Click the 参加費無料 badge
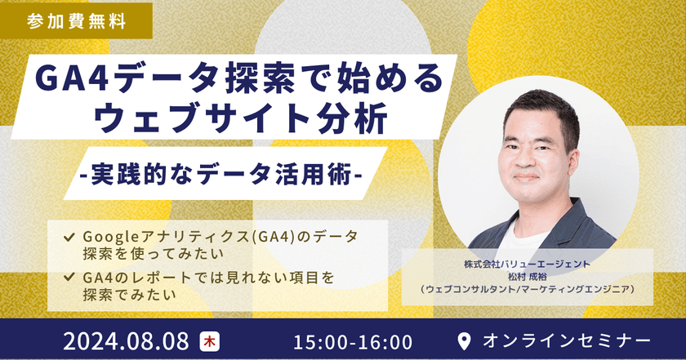pyautogui.click(x=76, y=20)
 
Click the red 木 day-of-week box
pyautogui.click(x=210, y=339)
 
